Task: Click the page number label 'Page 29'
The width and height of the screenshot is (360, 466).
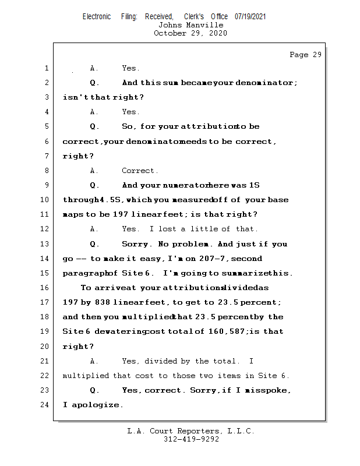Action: click(x=305, y=55)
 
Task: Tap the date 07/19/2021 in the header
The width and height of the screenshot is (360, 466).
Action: click(x=250, y=17)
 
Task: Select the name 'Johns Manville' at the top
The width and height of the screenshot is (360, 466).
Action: click(x=190, y=25)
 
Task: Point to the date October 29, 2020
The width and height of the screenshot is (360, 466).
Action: click(x=190, y=33)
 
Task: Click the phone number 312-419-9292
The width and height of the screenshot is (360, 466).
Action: click(x=191, y=439)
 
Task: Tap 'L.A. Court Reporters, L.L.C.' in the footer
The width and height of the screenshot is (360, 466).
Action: click(x=191, y=431)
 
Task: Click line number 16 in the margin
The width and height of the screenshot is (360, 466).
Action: click(x=45, y=288)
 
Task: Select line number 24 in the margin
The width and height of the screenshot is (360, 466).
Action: click(x=45, y=404)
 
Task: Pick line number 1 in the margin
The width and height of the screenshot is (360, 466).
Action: click(x=47, y=69)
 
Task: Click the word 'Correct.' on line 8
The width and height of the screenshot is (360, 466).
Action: click(x=140, y=171)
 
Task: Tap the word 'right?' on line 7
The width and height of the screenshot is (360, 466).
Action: click(x=77, y=156)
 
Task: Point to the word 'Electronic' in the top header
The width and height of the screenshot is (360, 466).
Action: click(x=97, y=17)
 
